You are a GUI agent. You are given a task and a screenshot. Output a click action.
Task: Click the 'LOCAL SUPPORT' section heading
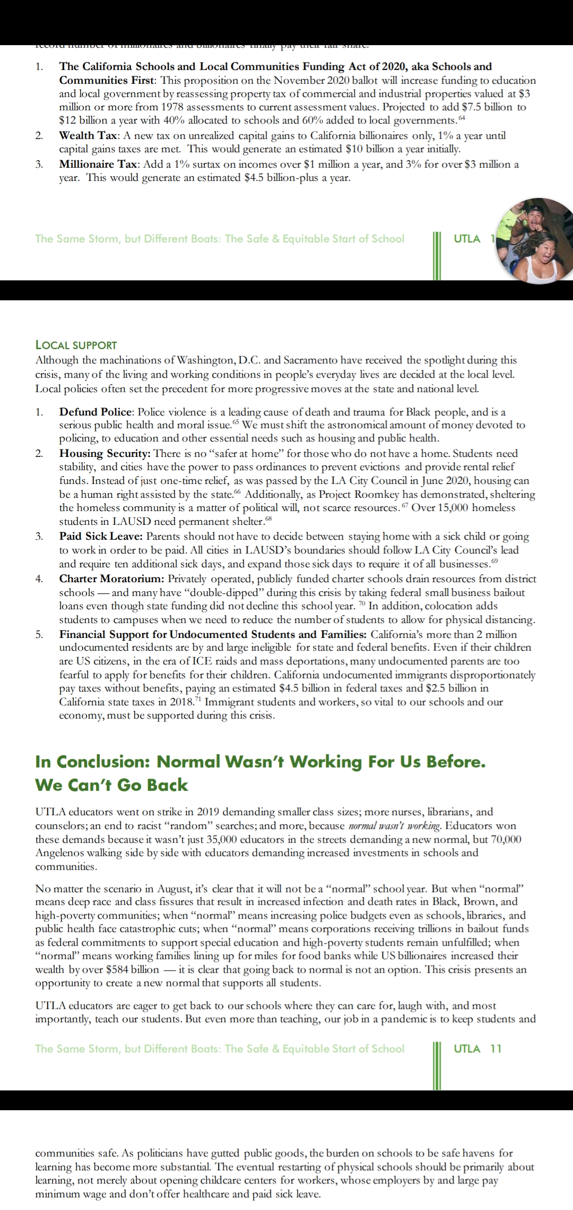76,345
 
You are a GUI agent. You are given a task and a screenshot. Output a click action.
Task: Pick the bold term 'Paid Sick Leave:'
101,536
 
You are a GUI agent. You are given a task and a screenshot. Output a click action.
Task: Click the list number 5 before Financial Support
39,634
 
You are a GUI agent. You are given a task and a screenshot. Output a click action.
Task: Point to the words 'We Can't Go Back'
111,785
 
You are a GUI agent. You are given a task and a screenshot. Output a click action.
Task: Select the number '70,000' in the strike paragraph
503,839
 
